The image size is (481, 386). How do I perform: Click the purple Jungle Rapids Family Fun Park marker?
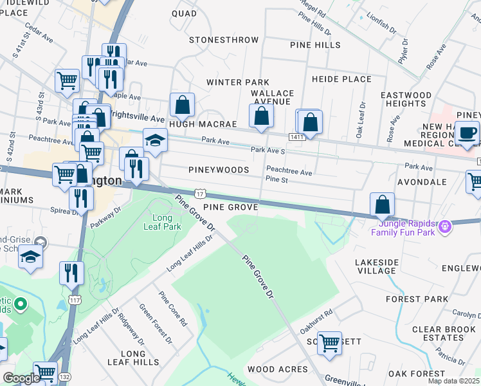click(x=444, y=226)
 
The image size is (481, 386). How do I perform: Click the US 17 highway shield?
click(x=199, y=193)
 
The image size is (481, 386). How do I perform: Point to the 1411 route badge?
click(x=296, y=137)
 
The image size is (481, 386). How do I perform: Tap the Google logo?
click(x=20, y=378)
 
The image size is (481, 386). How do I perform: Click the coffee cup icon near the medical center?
click(x=467, y=133)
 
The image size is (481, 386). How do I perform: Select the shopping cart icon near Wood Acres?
click(x=329, y=343)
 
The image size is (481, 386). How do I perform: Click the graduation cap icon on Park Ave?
click(x=155, y=140)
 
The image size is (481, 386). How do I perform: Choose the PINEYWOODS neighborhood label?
click(x=219, y=170)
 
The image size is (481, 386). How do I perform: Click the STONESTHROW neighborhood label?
click(x=224, y=40)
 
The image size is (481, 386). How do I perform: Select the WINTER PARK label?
click(x=237, y=82)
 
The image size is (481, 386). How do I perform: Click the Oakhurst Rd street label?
click(x=319, y=321)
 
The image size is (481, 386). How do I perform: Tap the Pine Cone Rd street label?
click(x=174, y=309)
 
